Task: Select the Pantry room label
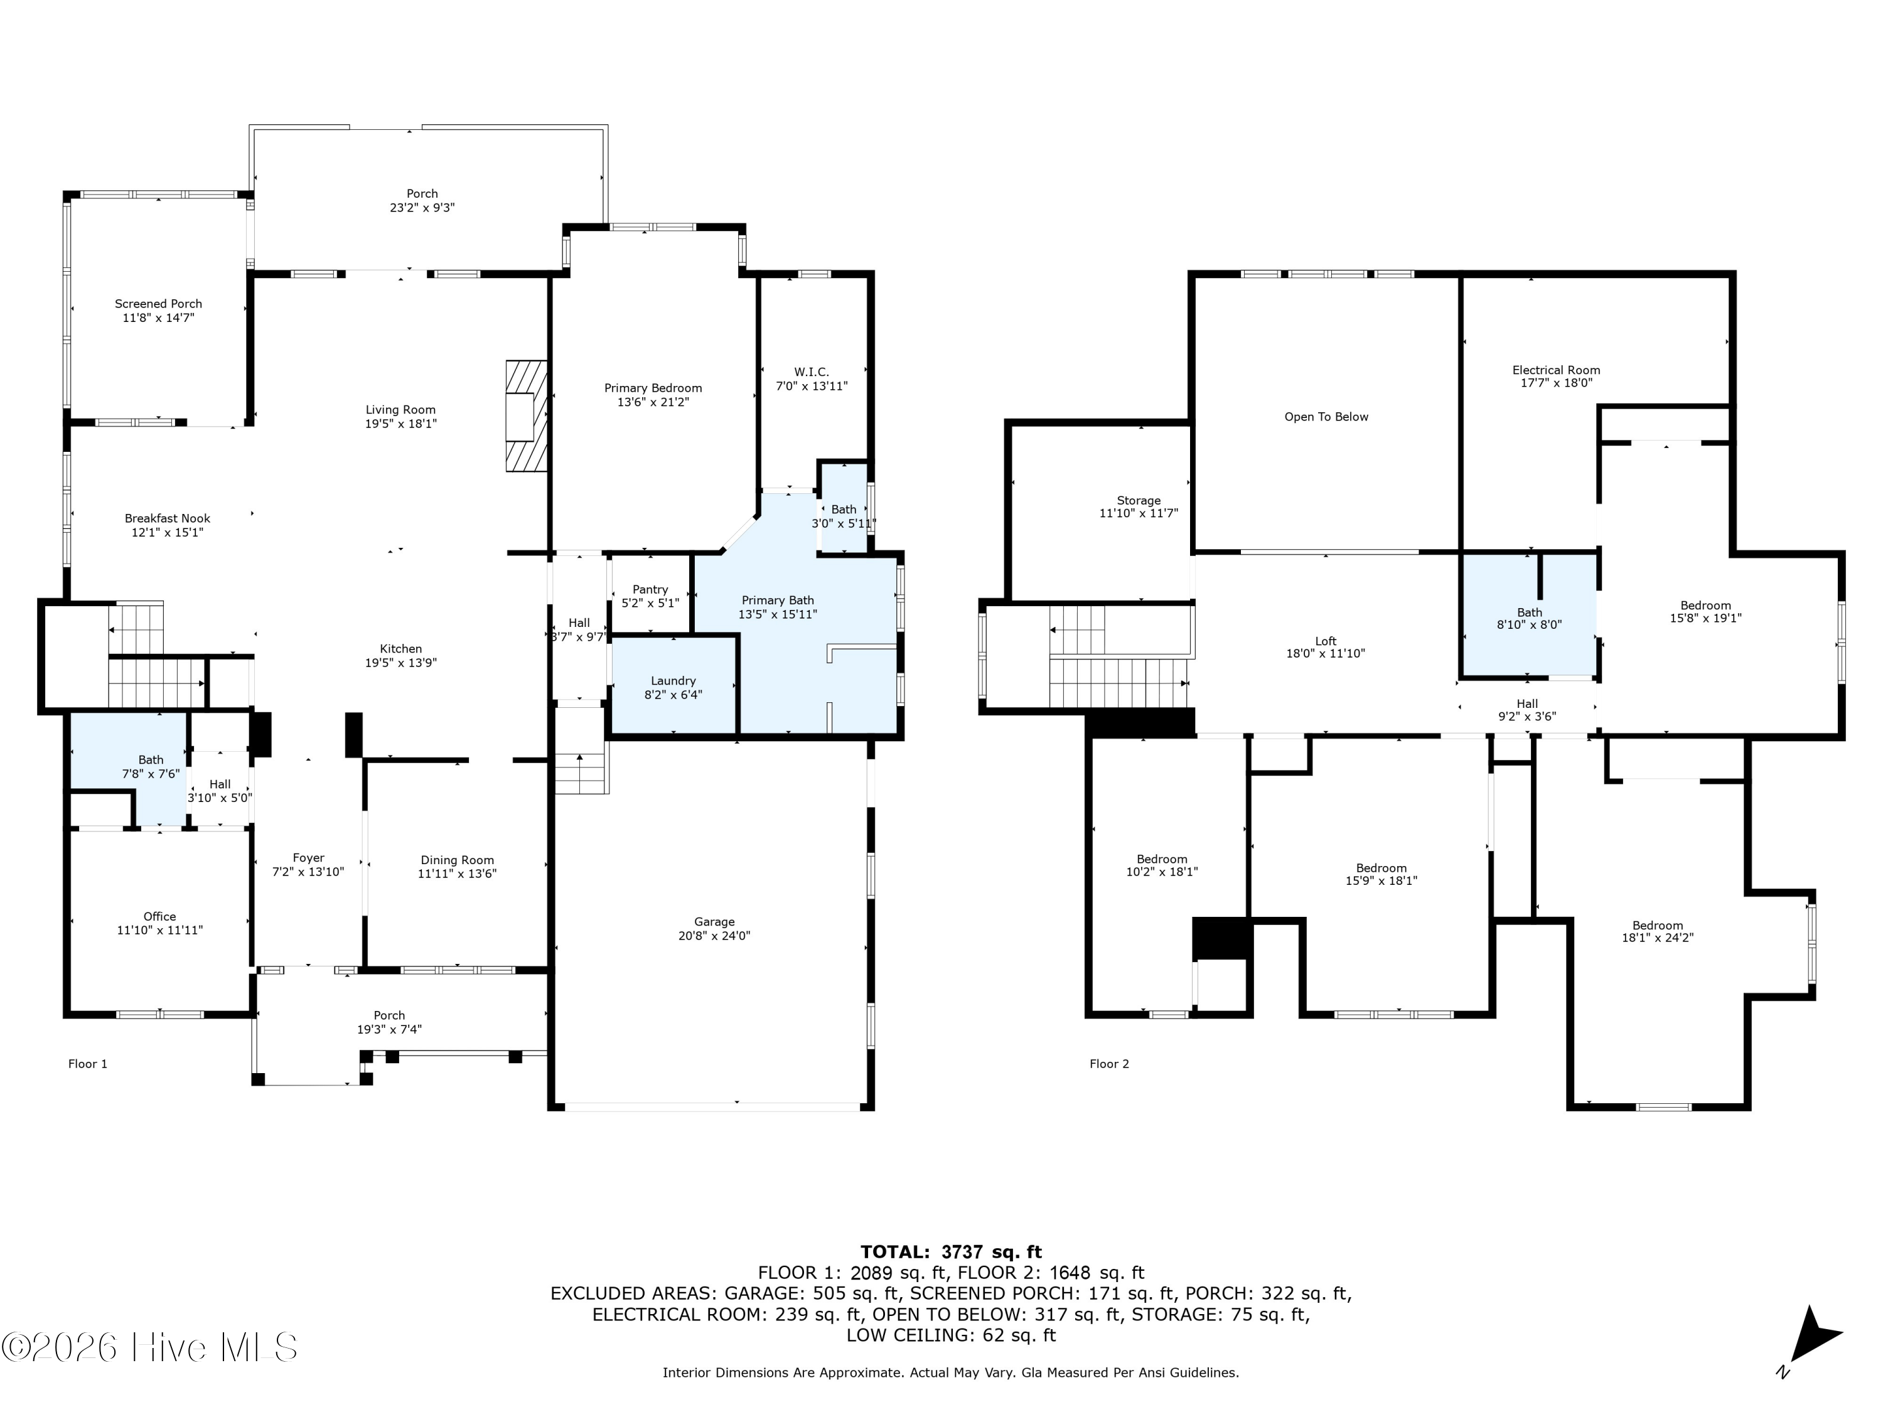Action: [x=650, y=589]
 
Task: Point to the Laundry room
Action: [x=674, y=686]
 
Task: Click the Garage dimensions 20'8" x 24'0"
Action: [x=714, y=936]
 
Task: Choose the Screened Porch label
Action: [x=158, y=304]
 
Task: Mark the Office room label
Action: [x=160, y=917]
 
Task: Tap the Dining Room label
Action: [x=457, y=860]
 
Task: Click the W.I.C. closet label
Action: [x=811, y=372]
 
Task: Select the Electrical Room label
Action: [x=1556, y=370]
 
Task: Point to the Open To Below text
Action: [x=1326, y=417]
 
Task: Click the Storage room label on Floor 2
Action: [x=1139, y=500]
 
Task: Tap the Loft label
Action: [x=1326, y=641]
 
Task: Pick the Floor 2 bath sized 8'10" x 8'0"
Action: [x=1529, y=618]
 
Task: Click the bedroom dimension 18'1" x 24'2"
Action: [x=1658, y=938]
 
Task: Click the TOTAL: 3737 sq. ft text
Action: [x=951, y=1252]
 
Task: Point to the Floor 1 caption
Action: [x=88, y=1064]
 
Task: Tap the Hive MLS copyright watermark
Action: [x=150, y=1347]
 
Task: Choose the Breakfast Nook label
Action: [x=168, y=518]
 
